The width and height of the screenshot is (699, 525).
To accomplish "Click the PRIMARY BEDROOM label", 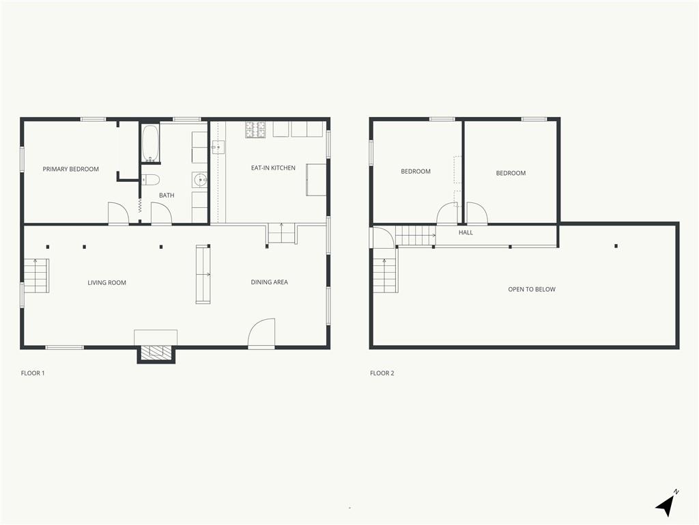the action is [71, 170].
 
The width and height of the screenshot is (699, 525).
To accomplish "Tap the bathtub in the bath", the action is [150, 144].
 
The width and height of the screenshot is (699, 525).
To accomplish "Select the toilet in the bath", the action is [150, 180].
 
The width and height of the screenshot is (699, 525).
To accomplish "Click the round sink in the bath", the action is [200, 180].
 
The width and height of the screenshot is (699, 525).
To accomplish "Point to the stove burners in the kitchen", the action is [255, 129].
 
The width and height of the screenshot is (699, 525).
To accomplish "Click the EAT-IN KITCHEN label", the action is [273, 168].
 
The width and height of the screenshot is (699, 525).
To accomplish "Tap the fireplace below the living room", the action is [156, 353].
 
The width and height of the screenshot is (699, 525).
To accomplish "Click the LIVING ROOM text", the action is [107, 282].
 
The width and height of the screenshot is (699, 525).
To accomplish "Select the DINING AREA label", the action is [269, 282].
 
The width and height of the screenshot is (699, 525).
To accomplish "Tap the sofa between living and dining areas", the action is [203, 275].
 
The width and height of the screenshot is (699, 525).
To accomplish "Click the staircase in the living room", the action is [36, 276].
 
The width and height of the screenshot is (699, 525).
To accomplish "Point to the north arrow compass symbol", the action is [666, 504].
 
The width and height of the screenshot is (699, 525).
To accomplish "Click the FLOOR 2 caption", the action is [382, 373].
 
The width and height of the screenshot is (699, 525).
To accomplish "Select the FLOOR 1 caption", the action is [33, 373].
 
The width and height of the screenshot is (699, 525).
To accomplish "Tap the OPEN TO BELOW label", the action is [532, 289].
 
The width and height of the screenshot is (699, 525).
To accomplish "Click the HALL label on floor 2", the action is [466, 232].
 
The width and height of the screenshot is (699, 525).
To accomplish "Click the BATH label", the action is [167, 196].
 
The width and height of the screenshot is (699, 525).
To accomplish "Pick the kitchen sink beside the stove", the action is [218, 147].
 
